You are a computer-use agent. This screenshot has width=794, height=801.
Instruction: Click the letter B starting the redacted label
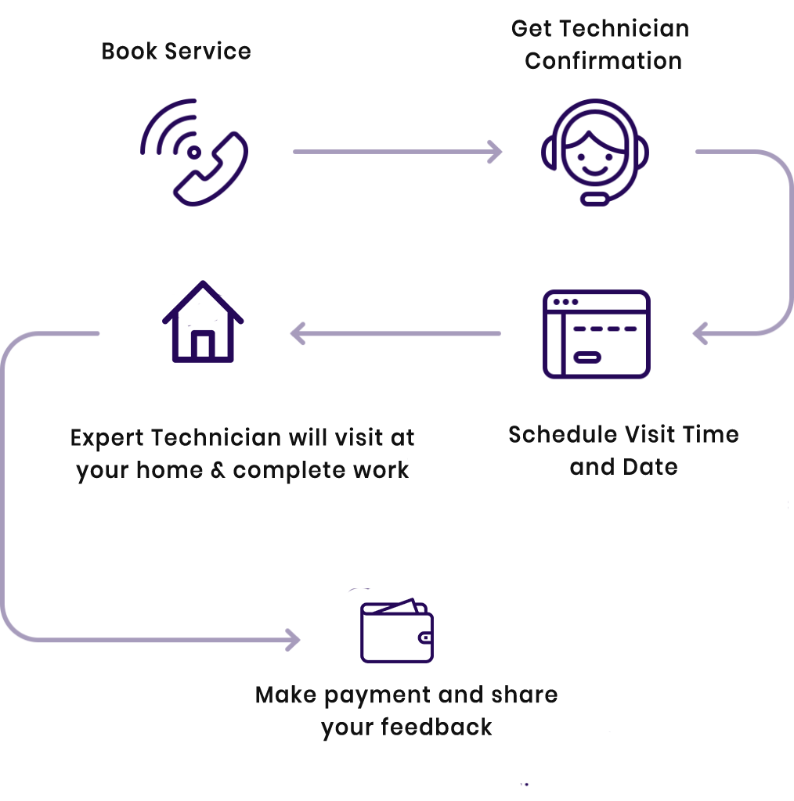[x=107, y=52]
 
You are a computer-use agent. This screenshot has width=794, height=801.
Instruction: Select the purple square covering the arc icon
[x=194, y=152]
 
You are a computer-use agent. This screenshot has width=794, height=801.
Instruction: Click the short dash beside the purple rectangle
[x=297, y=150]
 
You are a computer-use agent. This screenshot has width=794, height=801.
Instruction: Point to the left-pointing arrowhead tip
[x=293, y=334]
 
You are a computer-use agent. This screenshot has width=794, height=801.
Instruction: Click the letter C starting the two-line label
[x=517, y=30]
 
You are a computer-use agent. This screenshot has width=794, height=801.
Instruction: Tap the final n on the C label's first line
[x=681, y=30]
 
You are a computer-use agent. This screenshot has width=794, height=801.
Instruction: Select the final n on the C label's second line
[x=673, y=61]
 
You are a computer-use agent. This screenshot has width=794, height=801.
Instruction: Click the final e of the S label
[x=732, y=435]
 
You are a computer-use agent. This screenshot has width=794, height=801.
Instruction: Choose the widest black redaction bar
[x=244, y=455]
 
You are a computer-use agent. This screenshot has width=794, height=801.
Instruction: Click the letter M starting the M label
[x=263, y=695]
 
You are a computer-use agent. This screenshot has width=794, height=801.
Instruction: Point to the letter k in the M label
[x=294, y=695]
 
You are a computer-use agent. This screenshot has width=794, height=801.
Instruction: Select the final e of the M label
[x=552, y=695]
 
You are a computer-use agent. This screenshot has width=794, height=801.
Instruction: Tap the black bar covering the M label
[x=425, y=713]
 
